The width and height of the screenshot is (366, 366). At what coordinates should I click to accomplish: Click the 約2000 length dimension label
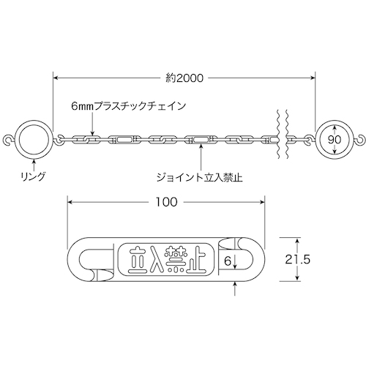pos(184,78)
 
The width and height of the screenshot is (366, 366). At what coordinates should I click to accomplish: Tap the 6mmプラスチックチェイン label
pos(129,106)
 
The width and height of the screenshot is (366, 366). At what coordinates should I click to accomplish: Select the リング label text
pos(34,176)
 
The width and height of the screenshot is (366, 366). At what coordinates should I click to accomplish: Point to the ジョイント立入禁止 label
pos(200,177)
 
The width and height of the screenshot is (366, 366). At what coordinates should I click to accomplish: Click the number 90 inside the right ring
pos(335,140)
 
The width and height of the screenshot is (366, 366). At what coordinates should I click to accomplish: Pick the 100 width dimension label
pos(167,202)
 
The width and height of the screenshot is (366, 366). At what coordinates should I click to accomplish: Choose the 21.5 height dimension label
pos(298,260)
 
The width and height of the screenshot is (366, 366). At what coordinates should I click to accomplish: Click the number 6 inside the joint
pos(227,261)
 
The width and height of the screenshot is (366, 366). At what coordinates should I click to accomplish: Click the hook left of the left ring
pos(10,141)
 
